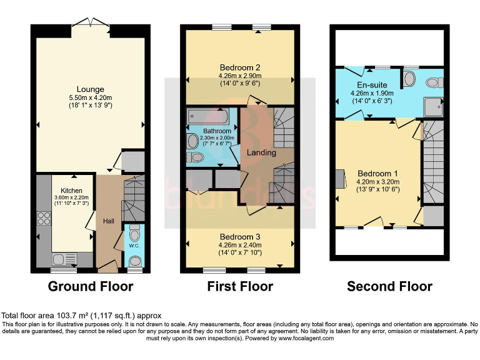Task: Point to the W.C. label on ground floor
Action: click(x=134, y=246)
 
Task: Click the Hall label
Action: click(x=109, y=221)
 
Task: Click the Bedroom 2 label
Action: click(x=239, y=67)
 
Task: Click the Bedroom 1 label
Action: click(x=377, y=173)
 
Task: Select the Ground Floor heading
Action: click(x=91, y=287)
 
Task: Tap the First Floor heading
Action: click(x=240, y=287)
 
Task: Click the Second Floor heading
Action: click(x=390, y=287)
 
